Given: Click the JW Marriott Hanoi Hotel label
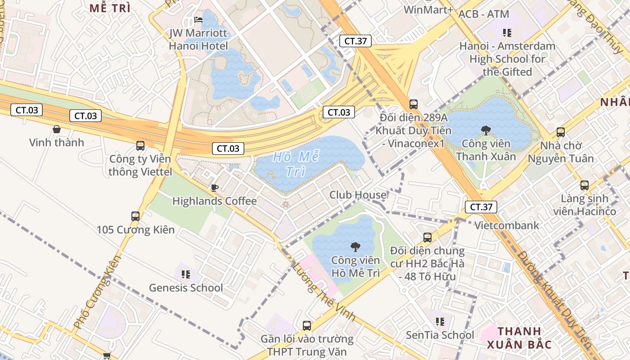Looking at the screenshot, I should (198, 40).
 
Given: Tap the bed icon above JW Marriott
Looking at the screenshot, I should (198, 20).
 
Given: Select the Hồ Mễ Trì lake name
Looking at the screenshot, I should (297, 164).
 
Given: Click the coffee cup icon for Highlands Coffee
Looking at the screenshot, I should (215, 188).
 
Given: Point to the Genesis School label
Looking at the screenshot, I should (186, 288).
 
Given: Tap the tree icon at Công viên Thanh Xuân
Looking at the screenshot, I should (486, 130).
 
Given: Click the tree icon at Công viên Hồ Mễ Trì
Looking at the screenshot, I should (355, 247).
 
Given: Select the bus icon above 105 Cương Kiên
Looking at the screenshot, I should (135, 216).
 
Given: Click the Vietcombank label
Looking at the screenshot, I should (507, 225).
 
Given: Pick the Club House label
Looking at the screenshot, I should (358, 195).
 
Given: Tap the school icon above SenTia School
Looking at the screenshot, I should (440, 321).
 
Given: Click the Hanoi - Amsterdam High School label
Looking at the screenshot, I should (507, 58).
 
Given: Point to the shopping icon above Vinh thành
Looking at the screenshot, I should (57, 130).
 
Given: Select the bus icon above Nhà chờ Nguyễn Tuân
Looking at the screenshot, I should (561, 132).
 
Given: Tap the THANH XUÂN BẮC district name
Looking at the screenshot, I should (519, 338).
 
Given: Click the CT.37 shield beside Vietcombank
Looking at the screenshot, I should (481, 207).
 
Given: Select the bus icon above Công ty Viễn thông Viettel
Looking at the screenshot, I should (140, 146).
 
